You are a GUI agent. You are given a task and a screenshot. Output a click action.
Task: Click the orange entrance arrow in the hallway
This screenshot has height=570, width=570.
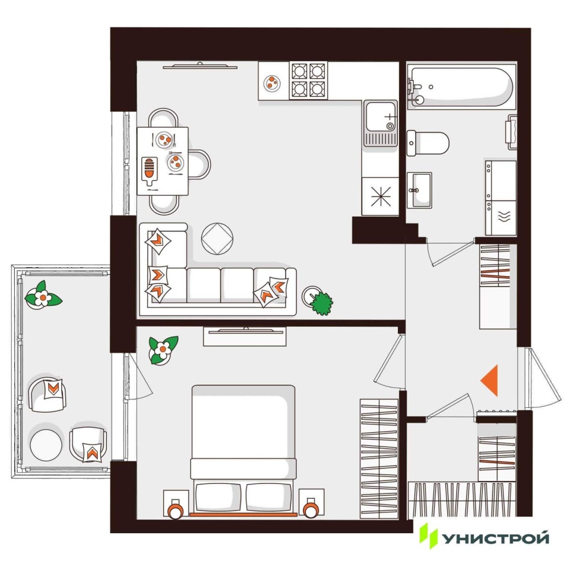pyautogui.click(x=491, y=381)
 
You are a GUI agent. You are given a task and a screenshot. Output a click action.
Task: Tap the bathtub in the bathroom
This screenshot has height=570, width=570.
pyautogui.click(x=462, y=87)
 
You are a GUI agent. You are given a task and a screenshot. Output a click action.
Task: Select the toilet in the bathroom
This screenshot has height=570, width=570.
pyautogui.click(x=428, y=143)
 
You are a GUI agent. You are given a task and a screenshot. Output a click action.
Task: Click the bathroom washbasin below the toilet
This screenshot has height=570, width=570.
pyautogui.click(x=419, y=190)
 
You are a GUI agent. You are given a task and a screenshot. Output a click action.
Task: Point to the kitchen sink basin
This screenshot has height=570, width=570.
pyautogui.click(x=381, y=117)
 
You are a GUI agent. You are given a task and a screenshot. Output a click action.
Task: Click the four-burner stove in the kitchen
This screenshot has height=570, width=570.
pyautogui.click(x=308, y=80)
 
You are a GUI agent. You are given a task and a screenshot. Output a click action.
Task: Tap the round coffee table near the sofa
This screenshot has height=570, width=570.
pyautogui.click(x=217, y=239)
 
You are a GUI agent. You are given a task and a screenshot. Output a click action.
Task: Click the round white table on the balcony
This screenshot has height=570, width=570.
pyautogui.click(x=46, y=445)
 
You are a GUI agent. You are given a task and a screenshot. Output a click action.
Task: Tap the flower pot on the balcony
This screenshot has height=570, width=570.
pyautogui.click(x=43, y=297)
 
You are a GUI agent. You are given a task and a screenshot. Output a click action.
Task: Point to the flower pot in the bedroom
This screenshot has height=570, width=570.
pyautogui.click(x=163, y=350)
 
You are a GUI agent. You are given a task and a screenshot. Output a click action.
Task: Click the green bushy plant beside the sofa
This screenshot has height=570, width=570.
pyautogui.click(x=321, y=302)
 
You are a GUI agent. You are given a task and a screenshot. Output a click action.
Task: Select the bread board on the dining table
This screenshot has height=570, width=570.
pyautogui.click(x=149, y=170)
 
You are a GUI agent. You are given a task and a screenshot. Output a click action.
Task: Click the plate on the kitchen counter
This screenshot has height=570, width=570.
pyautogui.click(x=271, y=83)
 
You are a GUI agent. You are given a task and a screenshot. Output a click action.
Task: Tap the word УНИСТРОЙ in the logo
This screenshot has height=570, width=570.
pyautogui.click(x=495, y=539)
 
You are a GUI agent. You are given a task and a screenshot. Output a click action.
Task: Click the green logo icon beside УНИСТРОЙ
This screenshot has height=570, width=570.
pyautogui.click(x=428, y=536)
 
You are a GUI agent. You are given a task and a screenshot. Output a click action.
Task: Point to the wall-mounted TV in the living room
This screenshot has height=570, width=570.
pyautogui.click(x=200, y=66)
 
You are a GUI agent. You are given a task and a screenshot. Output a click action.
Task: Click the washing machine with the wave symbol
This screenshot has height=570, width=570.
pyautogui.click(x=501, y=217)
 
